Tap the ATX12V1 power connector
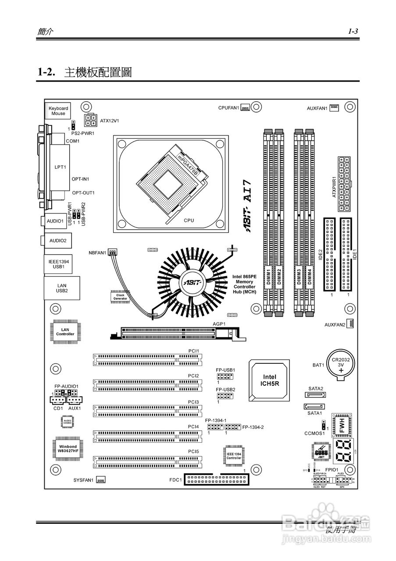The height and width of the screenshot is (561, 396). pos(92,119)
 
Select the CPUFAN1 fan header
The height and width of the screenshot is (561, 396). pos(245,107)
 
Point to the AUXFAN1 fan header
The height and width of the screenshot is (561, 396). pos(335,107)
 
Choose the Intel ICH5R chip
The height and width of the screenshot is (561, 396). pos(269,380)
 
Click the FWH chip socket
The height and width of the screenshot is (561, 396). pos(342,425)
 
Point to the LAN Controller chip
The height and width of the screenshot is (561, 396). pos(65,331)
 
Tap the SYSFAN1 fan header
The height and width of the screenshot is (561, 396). pos(101,480)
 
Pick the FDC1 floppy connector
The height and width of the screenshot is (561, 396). pos(217,480)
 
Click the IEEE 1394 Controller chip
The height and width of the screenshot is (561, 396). pos(233,456)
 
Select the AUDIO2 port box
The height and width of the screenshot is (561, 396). pos(57,240)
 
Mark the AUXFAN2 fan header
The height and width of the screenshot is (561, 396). pos(351,324)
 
